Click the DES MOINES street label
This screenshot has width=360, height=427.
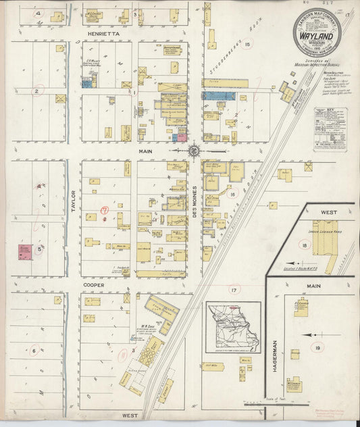(x=195, y=197)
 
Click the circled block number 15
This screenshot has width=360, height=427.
(x=247, y=45)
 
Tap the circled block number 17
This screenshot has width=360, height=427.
(x=234, y=290)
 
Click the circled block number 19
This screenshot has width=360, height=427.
(x=336, y=348)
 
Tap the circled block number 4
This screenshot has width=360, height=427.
(x=38, y=14)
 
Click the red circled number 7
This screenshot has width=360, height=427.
(x=105, y=210)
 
